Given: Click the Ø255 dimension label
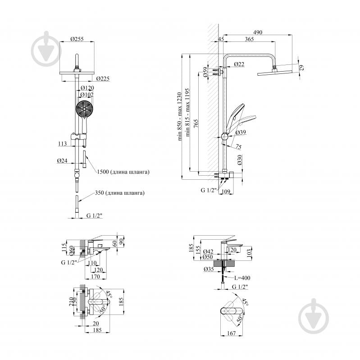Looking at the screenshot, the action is point(77,39).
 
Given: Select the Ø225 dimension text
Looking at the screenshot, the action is point(103,78).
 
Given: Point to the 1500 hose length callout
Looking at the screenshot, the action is point(123,172).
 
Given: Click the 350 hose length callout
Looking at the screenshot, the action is point(119,193).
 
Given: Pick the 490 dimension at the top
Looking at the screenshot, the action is point(258,32).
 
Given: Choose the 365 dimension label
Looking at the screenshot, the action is point(249,39).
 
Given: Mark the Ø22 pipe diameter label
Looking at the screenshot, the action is point(239,64).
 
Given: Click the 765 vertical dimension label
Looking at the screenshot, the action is point(196,124).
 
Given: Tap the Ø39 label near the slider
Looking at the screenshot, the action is point(241,132).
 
